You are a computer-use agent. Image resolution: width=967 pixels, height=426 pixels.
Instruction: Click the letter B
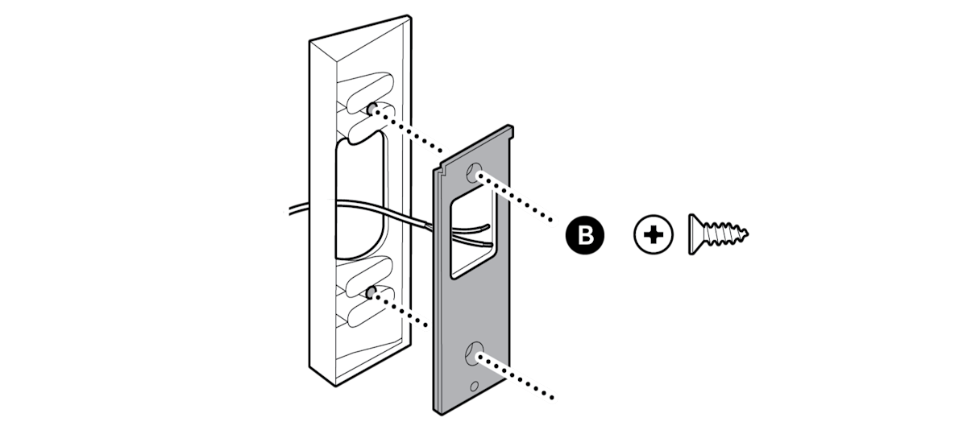coord(586,235)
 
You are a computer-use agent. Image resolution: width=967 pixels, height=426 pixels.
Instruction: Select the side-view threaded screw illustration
coord(717,234)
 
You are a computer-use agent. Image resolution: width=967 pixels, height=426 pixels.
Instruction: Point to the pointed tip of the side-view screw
coord(745,234)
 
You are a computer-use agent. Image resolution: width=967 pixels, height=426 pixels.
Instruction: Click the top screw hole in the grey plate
coord(476,172)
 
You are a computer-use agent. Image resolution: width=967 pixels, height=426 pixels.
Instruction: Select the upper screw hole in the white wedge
coord(371,108)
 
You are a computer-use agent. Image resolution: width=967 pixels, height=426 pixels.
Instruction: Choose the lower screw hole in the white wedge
coord(371,291)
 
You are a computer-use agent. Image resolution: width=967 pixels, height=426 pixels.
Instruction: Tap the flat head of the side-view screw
coord(695,234)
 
